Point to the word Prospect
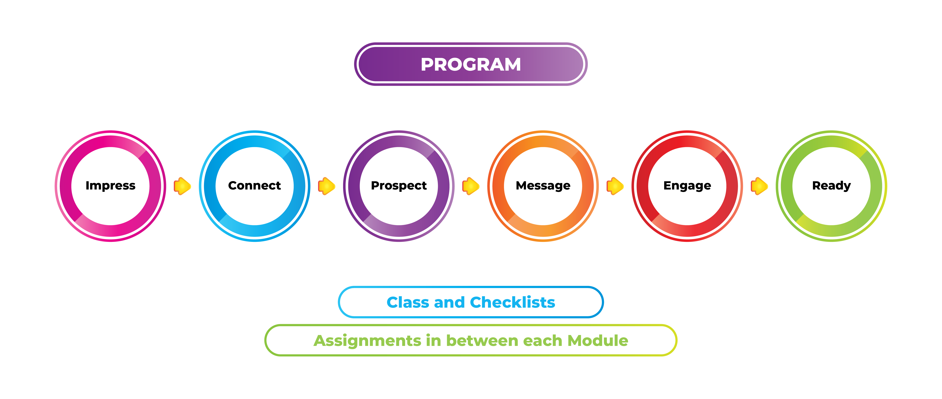click(x=399, y=186)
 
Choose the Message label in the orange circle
click(x=543, y=186)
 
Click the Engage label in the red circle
click(x=687, y=186)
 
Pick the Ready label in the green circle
click(x=832, y=186)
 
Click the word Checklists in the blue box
click(x=513, y=302)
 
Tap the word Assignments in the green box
click(x=368, y=341)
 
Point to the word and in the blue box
click(x=449, y=302)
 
